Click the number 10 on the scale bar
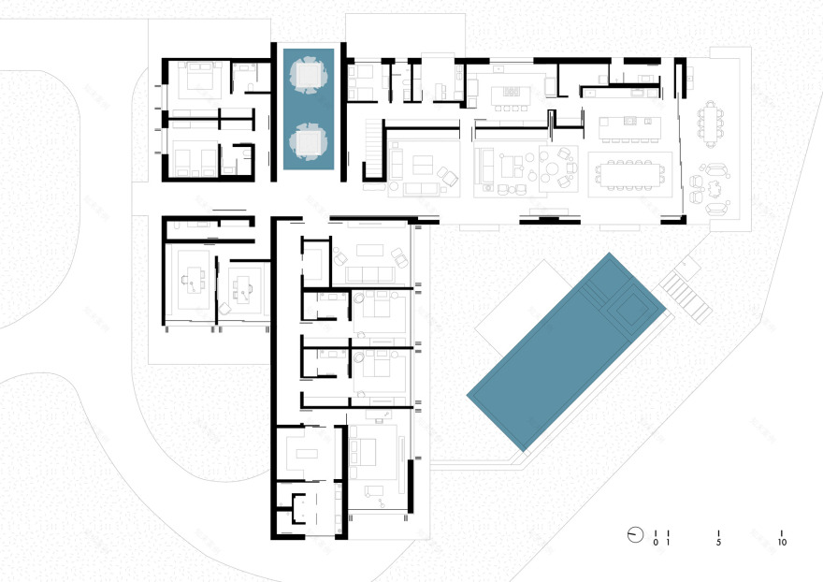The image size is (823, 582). coord(782,543)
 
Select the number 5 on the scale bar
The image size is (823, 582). coord(718,543)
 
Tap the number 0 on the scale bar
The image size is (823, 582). coord(656,543)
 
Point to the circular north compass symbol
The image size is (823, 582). coord(635,534)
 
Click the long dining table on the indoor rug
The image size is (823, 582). coord(627,172)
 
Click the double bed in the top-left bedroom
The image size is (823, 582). coord(200,79)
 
